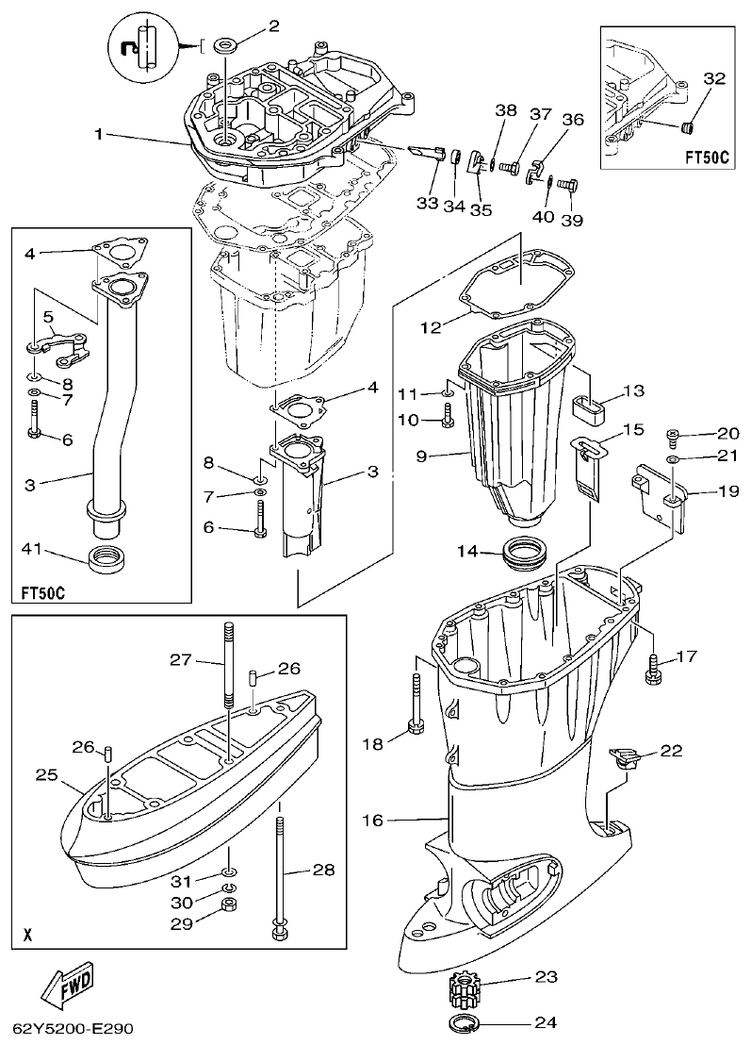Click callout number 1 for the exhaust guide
pos(99,134)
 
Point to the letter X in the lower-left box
pos(27,936)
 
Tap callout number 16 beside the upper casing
pos(373,820)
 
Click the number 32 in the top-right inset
pos(713,79)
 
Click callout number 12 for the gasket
pos(431,327)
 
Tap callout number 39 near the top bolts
pos(571,220)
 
